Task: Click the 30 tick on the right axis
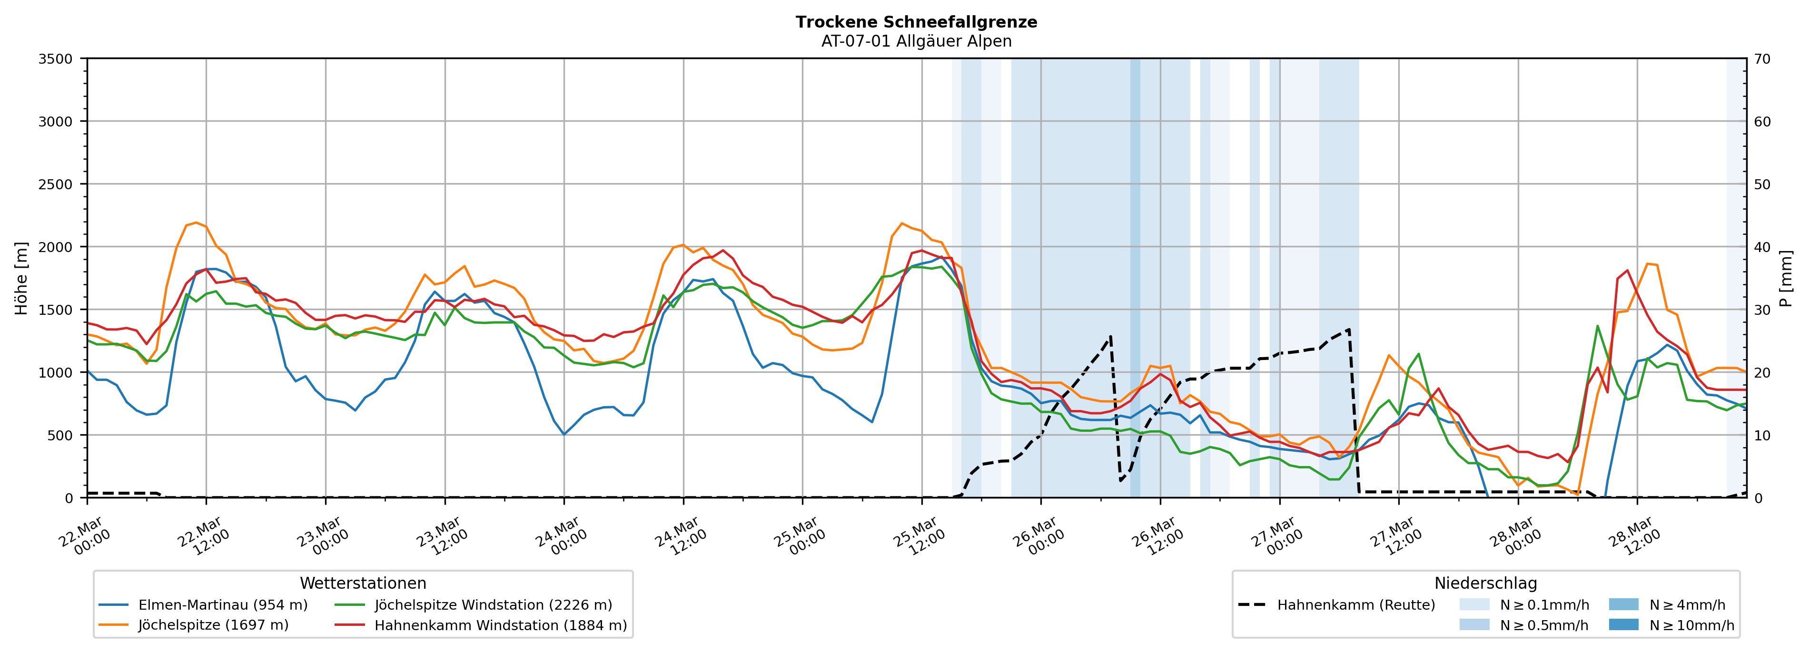click(x=1762, y=310)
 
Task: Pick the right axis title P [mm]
click(x=1787, y=278)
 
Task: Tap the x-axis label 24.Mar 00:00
click(x=560, y=537)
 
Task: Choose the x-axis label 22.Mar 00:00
click(x=83, y=537)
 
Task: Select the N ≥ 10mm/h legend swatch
click(x=1623, y=624)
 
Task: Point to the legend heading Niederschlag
click(x=1485, y=583)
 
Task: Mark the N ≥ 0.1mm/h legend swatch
click(x=1474, y=605)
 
